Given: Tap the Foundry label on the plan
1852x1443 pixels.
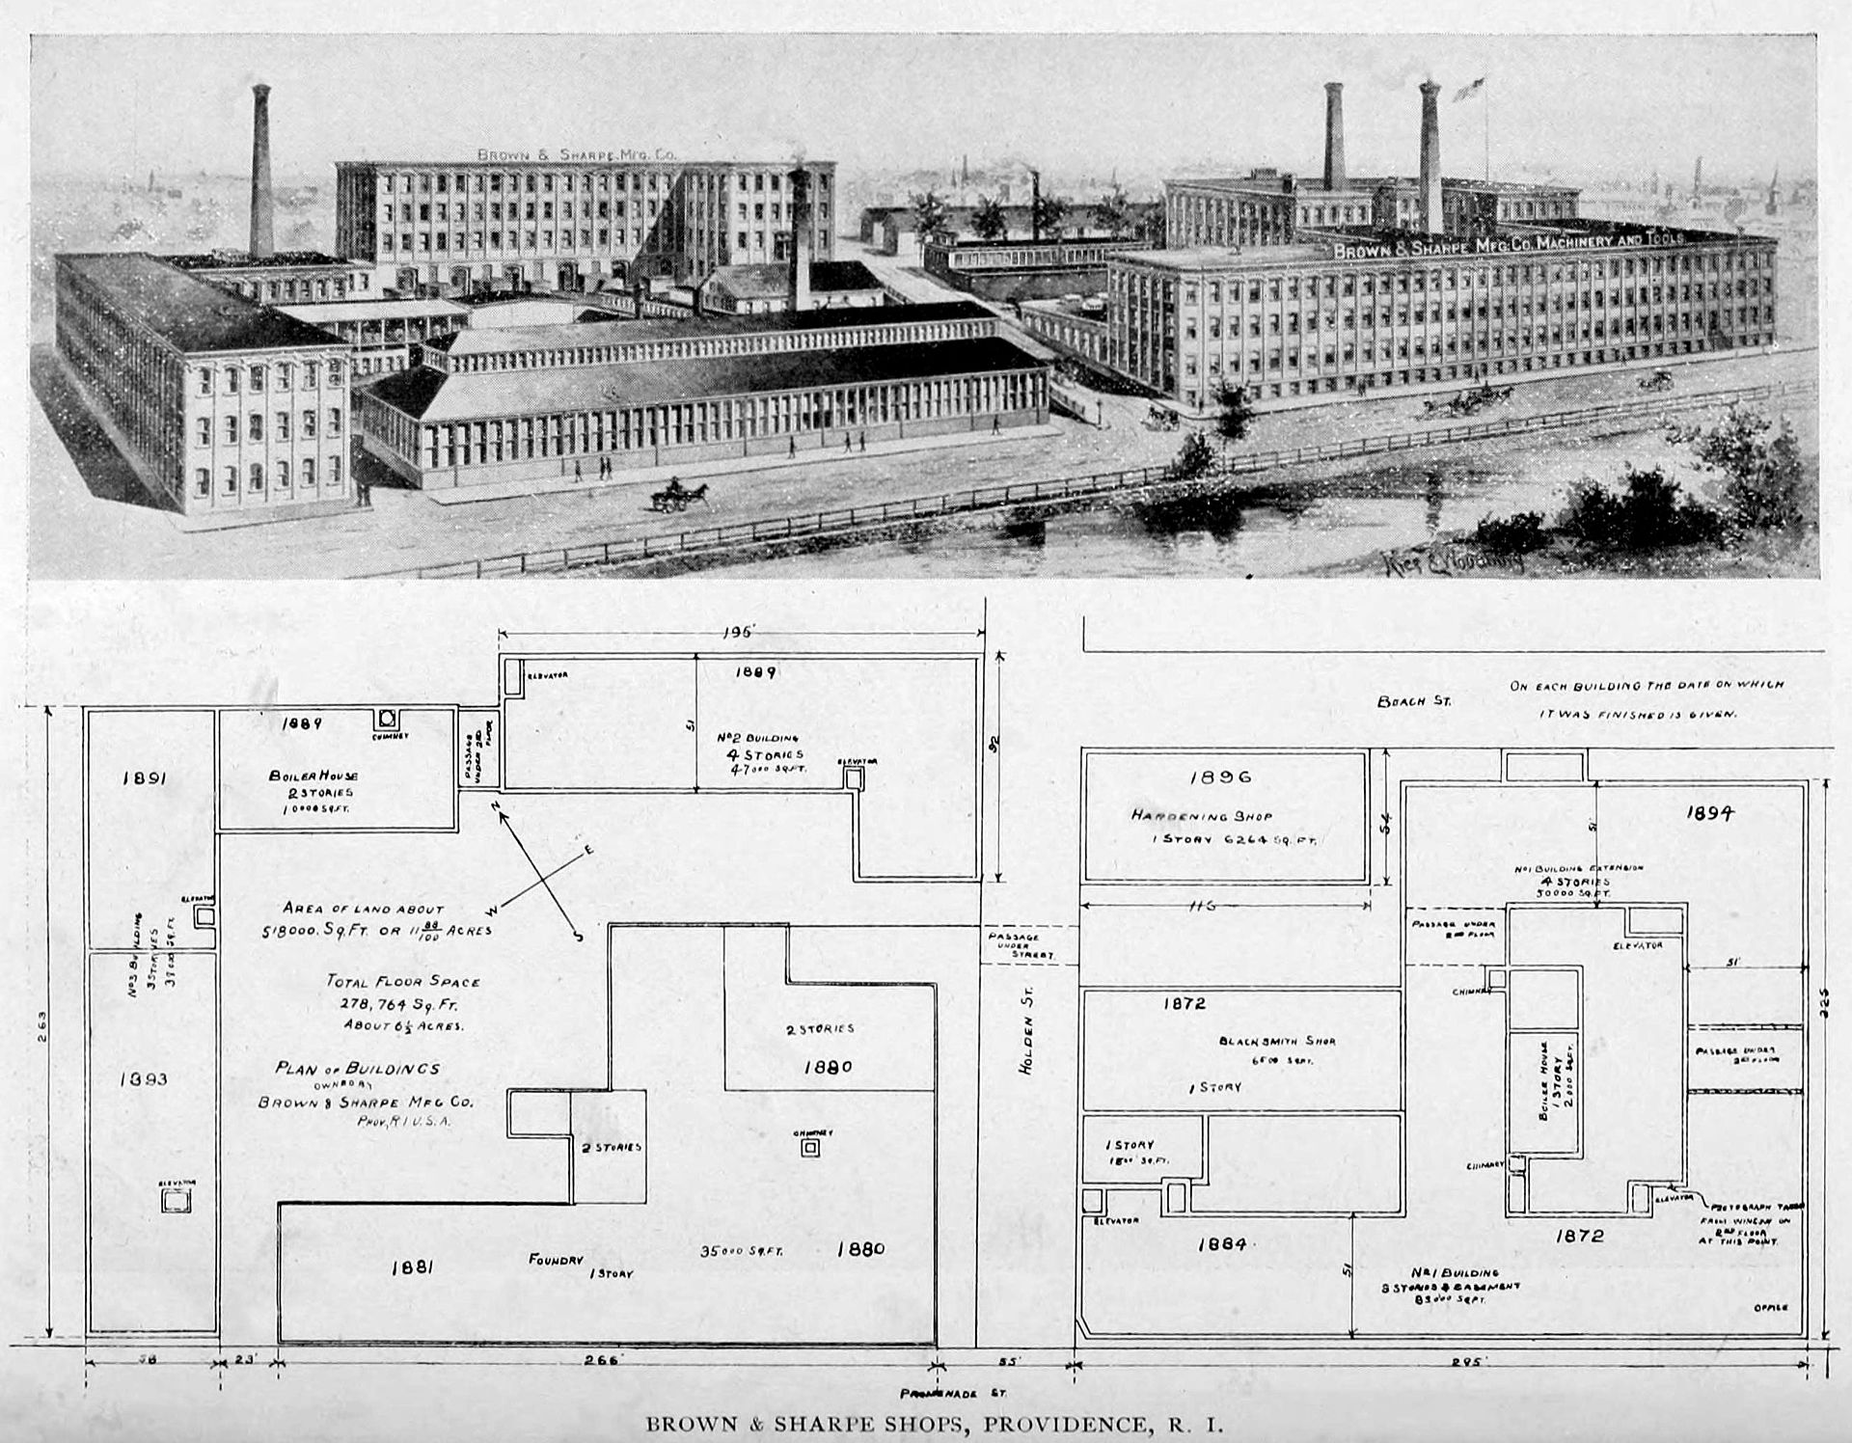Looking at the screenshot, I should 556,1259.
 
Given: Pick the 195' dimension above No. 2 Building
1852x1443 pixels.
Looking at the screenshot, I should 741,632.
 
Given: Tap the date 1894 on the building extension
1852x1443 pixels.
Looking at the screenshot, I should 1710,813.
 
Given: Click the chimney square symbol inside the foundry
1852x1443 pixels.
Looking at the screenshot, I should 810,1147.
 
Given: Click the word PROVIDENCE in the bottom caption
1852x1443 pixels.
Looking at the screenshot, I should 1058,1424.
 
